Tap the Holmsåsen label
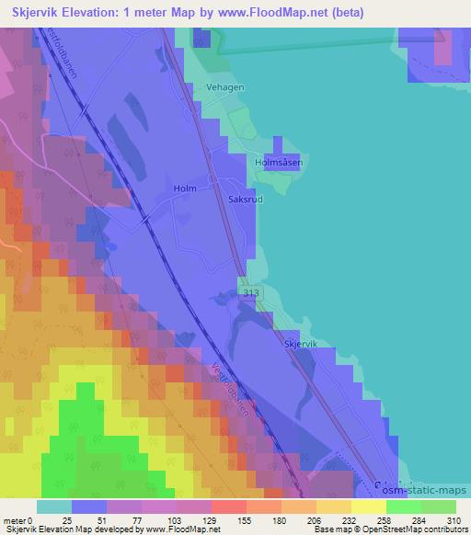279,163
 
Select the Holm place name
185,188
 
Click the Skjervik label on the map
301,344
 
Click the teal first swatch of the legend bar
53,507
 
